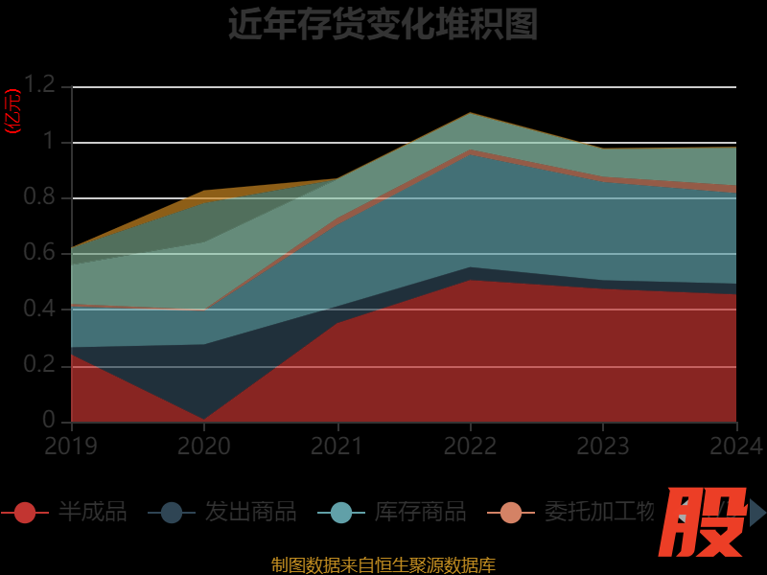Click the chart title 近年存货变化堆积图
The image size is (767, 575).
pyautogui.click(x=383, y=24)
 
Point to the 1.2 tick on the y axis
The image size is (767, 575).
pyautogui.click(x=40, y=85)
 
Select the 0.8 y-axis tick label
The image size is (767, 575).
pyautogui.click(x=40, y=197)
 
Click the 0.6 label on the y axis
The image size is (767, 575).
pyautogui.click(x=40, y=253)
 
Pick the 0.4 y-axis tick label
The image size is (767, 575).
pyautogui.click(x=40, y=309)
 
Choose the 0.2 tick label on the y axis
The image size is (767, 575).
pyautogui.click(x=40, y=365)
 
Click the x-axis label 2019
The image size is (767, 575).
pyautogui.click(x=71, y=447)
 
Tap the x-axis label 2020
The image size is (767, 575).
pyautogui.click(x=204, y=447)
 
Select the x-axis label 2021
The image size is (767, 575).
pyautogui.click(x=337, y=447)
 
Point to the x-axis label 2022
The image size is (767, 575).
pyautogui.click(x=471, y=447)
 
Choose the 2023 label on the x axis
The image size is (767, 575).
pyautogui.click(x=603, y=447)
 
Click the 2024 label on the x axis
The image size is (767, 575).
pyautogui.click(x=736, y=447)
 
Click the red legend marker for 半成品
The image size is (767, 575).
pyautogui.click(x=25, y=513)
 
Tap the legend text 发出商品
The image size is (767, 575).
pyautogui.click(x=250, y=513)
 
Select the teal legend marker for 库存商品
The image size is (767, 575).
pyautogui.click(x=341, y=513)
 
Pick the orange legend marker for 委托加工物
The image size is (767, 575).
pyautogui.click(x=511, y=513)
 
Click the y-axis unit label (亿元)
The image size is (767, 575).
pyautogui.click(x=12, y=111)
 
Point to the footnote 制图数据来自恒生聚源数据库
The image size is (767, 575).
pyautogui.click(x=383, y=565)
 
